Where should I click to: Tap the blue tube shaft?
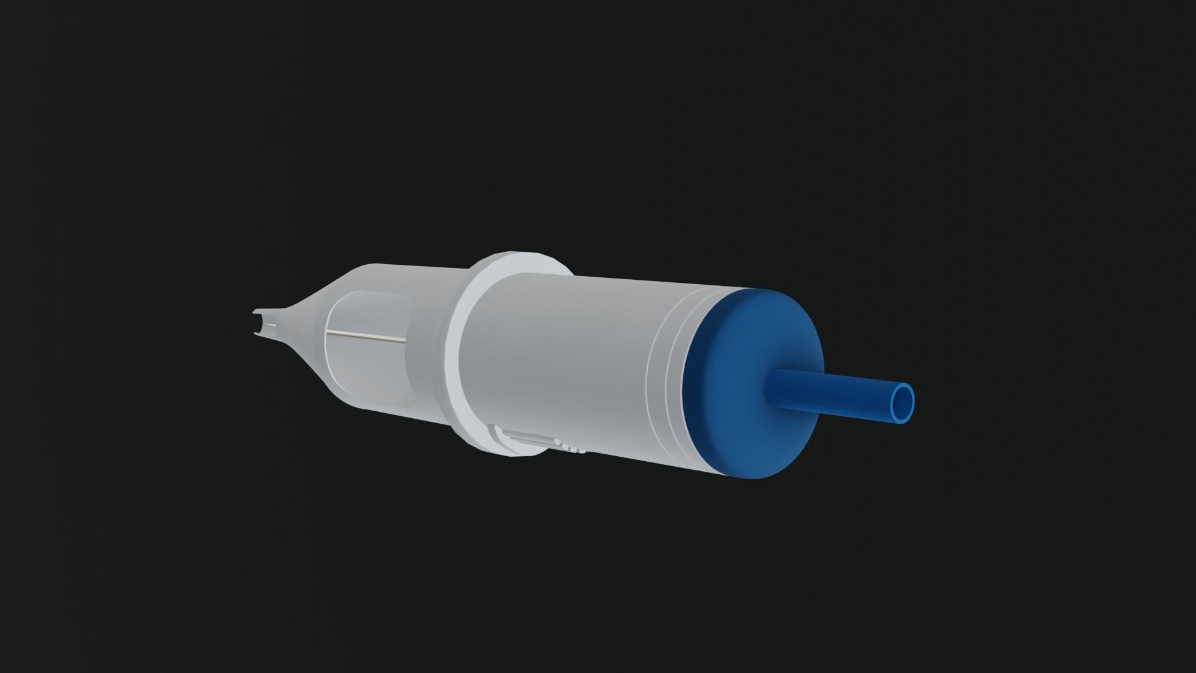(828, 393)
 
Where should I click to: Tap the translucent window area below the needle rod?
(368, 374)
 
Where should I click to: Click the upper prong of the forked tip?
(257, 313)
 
